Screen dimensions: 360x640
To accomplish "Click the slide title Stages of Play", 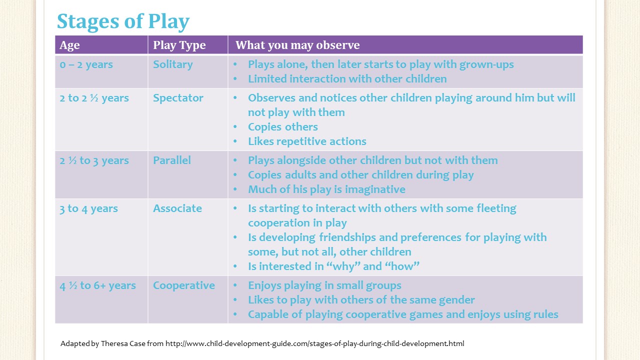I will point(123,21).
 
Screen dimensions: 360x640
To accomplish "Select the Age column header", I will point(69,45).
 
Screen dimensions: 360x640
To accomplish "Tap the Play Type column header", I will point(179,45).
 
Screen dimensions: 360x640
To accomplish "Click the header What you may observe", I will point(297,45).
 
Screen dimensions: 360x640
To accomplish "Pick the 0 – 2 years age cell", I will point(86,64).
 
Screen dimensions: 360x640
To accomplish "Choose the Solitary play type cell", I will point(172,64).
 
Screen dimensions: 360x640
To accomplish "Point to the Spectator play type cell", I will point(178,98).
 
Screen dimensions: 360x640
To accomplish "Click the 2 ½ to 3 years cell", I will point(94,160).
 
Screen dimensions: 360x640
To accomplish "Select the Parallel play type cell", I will point(172,160).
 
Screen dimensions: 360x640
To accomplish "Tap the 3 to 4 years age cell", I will point(88,208).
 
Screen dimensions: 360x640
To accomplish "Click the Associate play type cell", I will point(177,208).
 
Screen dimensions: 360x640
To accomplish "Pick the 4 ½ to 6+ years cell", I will point(97,285).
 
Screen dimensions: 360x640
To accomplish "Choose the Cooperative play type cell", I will point(184,285).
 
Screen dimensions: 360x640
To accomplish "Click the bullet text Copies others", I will point(282,127).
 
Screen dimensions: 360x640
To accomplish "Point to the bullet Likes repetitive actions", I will point(307,141).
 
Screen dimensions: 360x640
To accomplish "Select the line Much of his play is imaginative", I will point(326,189).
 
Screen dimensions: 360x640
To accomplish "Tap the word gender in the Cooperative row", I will point(456,300).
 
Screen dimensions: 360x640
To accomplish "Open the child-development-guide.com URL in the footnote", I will point(314,343).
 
